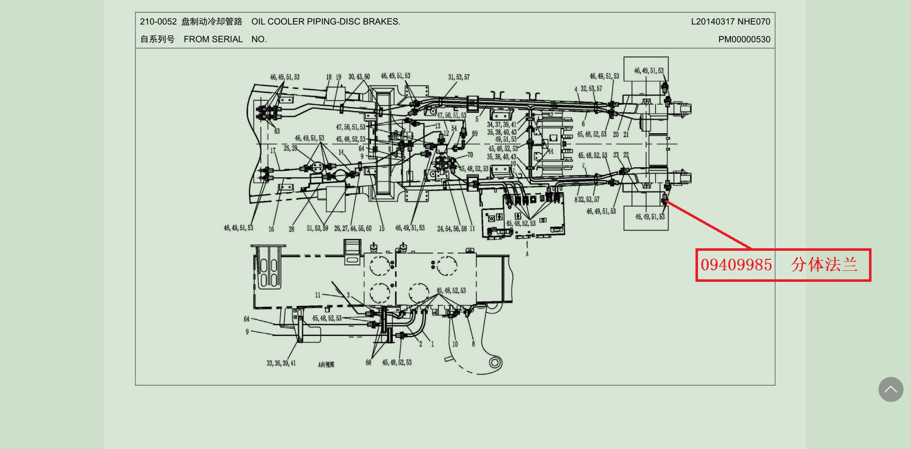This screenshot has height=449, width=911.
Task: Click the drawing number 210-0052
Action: pyautogui.click(x=158, y=22)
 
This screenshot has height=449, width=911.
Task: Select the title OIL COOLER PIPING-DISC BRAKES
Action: pyautogui.click(x=325, y=22)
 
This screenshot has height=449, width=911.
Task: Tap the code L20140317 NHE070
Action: pyautogui.click(x=730, y=22)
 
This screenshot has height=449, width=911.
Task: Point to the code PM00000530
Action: pyautogui.click(x=744, y=39)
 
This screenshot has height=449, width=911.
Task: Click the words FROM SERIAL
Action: pyautogui.click(x=213, y=39)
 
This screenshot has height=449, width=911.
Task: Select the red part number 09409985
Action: pyautogui.click(x=736, y=265)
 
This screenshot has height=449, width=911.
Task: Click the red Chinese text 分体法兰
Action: pyautogui.click(x=824, y=265)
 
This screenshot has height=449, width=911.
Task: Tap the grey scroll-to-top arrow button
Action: pyautogui.click(x=890, y=389)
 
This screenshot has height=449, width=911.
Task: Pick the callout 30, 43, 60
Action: pyautogui.click(x=359, y=77)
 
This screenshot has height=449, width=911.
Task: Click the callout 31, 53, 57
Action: pyautogui.click(x=458, y=77)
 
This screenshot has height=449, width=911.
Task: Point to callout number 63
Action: pyautogui.click(x=276, y=131)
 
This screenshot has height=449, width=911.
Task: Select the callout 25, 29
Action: pyautogui.click(x=290, y=148)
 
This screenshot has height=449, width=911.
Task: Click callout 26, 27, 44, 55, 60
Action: pyautogui.click(x=352, y=228)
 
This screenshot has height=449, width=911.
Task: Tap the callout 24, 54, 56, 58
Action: pyautogui.click(x=452, y=229)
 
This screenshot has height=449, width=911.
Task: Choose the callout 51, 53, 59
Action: pyautogui.click(x=317, y=228)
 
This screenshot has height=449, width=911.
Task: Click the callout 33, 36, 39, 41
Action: pyautogui.click(x=281, y=363)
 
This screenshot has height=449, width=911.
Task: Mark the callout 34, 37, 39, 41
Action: pyautogui.click(x=501, y=125)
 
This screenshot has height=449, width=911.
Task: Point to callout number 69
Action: pyautogui.click(x=474, y=134)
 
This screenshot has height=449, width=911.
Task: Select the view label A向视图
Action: pyautogui.click(x=326, y=364)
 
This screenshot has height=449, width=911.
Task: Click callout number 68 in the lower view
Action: pyautogui.click(x=368, y=362)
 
